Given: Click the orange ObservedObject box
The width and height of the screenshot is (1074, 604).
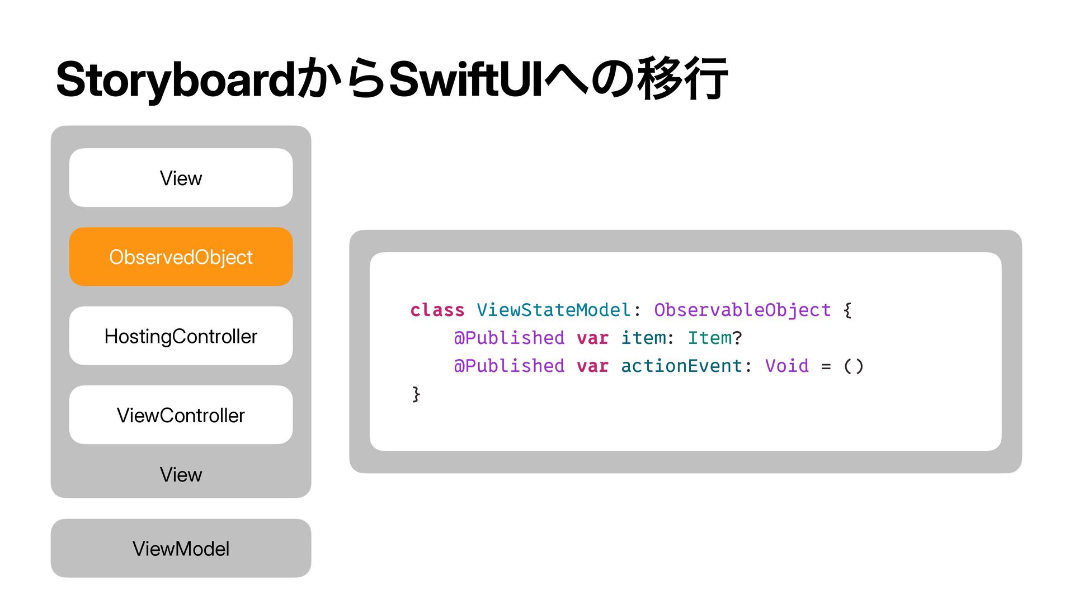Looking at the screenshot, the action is click(181, 257).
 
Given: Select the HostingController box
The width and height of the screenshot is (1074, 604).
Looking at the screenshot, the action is click(181, 336).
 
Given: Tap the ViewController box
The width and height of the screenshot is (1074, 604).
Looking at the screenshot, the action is click(181, 415).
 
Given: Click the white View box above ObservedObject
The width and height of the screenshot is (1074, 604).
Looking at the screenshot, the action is click(181, 178).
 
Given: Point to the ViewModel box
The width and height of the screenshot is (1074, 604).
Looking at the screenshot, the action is click(181, 548).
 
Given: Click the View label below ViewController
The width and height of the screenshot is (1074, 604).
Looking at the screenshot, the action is click(181, 475).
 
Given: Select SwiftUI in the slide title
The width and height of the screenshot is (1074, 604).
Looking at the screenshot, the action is click(465, 79).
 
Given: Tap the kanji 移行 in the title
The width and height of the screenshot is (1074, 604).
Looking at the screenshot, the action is click(684, 79).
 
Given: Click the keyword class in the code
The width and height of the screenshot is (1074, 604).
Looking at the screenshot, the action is click(437, 310).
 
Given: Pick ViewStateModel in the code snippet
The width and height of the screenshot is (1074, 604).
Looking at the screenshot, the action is click(554, 310).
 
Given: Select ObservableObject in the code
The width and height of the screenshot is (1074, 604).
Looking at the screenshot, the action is click(742, 310).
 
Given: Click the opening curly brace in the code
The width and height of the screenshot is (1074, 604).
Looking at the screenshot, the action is click(847, 310).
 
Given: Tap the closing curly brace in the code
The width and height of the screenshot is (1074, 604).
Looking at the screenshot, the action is click(416, 394).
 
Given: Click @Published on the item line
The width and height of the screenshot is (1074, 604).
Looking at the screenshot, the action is click(509, 338).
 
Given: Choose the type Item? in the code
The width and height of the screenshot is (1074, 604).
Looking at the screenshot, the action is click(715, 338).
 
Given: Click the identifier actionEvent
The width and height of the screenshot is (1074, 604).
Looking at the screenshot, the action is click(681, 366).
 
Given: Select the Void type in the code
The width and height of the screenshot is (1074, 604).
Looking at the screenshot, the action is click(787, 366).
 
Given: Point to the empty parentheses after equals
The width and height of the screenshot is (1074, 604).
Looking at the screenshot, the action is click(854, 366).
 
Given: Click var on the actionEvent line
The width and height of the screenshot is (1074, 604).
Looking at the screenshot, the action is click(592, 366).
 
